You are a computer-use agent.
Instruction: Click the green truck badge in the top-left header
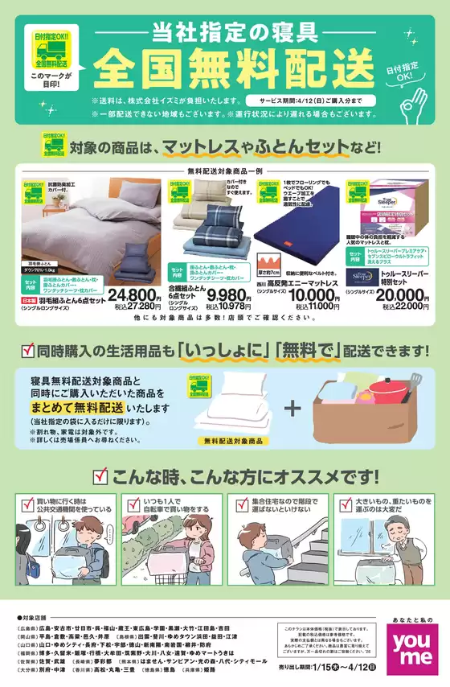point(50,50)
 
